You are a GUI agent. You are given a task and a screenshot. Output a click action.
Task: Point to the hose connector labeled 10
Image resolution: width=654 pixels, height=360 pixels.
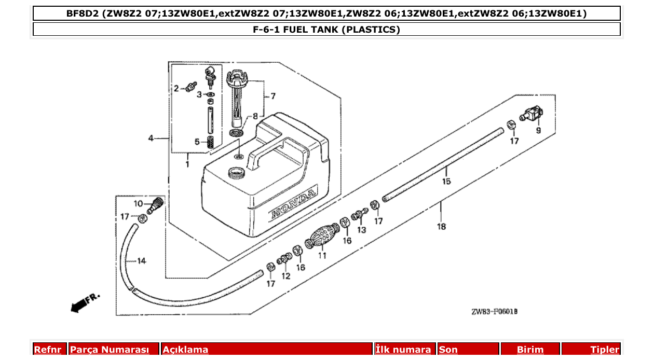(x=155, y=205)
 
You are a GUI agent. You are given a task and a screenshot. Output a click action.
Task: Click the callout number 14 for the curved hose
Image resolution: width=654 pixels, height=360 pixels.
(x=141, y=261)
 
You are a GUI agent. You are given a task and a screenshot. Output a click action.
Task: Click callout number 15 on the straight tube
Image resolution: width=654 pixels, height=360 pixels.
(x=446, y=181)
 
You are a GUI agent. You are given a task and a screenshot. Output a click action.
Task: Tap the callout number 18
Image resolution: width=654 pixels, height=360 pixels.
(x=441, y=227)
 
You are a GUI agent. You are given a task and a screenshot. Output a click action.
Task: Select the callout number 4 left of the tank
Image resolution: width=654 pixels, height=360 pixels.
(x=151, y=138)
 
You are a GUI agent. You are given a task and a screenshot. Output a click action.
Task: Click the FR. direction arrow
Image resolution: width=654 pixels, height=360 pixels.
(x=83, y=303)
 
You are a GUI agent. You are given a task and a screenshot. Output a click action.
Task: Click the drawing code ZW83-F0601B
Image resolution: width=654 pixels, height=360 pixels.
(x=494, y=312)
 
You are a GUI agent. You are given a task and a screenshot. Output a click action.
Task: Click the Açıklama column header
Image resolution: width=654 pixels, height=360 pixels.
(x=186, y=350)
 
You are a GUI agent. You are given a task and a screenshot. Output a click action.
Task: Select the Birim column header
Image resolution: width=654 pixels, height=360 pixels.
(x=530, y=350)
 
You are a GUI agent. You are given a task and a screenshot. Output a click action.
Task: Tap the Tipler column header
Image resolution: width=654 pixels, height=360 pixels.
(x=604, y=350)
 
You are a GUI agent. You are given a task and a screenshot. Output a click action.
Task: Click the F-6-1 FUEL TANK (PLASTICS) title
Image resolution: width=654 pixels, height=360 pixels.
(x=326, y=30)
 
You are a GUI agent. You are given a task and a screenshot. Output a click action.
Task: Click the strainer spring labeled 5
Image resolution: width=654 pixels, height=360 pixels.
(x=210, y=143)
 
